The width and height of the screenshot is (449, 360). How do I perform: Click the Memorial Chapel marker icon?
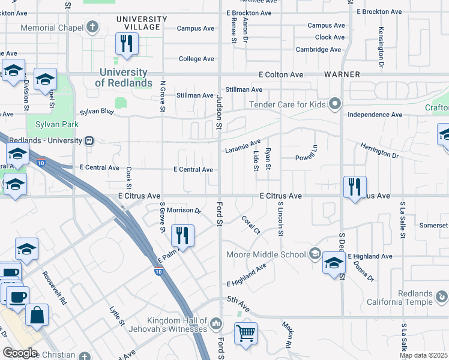pyautogui.click(x=92, y=27)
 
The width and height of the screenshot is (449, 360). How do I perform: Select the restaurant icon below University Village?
pyautogui.click(x=127, y=44)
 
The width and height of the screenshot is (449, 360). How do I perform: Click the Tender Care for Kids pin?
pyautogui.click(x=335, y=104)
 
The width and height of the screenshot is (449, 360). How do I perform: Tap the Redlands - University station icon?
pyautogui.click(x=89, y=140)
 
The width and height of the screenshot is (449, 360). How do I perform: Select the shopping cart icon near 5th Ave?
pyautogui.click(x=246, y=332)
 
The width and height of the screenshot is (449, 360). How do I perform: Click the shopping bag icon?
pyautogui.click(x=37, y=314)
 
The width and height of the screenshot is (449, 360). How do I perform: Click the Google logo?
pyautogui.click(x=19, y=352)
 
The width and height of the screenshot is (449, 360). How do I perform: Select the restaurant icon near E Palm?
pyautogui.click(x=182, y=235)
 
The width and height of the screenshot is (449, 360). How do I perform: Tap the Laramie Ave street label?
pyautogui.click(x=243, y=146)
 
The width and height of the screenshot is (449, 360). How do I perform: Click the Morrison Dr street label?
pyautogui.click(x=184, y=210)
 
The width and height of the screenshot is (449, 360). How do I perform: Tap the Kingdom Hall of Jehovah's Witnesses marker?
pyautogui.click(x=217, y=324)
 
